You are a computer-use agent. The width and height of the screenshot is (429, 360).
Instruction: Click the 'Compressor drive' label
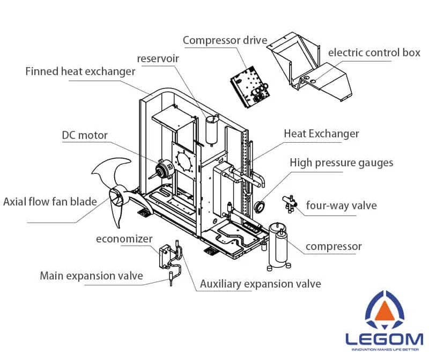click(x=225, y=40)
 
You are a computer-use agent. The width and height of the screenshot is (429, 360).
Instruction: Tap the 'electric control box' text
click(x=374, y=53)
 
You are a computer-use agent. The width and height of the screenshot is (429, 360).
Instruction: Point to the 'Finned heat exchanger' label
click(x=80, y=71)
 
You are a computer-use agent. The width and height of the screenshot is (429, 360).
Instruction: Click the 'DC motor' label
click(x=84, y=135)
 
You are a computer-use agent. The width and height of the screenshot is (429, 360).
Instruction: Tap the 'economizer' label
click(x=124, y=239)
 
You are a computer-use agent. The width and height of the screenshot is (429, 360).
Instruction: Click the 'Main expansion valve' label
click(x=91, y=276)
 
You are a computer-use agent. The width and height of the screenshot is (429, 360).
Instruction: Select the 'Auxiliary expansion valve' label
click(x=260, y=283)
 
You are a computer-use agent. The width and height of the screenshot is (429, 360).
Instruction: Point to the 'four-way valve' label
click(x=341, y=205)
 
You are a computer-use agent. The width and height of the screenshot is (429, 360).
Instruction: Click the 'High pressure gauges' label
click(x=342, y=163)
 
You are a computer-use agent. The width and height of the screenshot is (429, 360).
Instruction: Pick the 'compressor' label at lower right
click(x=334, y=247)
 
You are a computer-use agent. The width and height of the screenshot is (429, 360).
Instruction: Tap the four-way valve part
click(x=290, y=202)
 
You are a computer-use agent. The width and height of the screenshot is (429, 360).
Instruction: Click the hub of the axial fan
click(x=117, y=197)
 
